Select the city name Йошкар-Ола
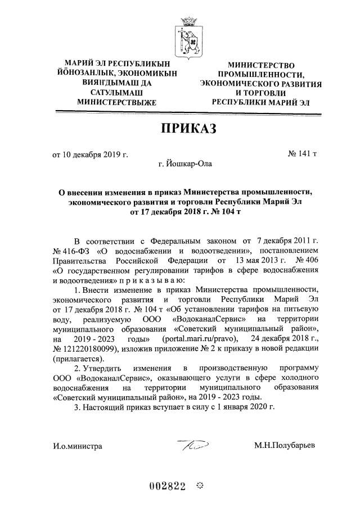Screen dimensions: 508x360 (188, 164)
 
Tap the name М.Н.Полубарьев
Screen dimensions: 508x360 (285, 446)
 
